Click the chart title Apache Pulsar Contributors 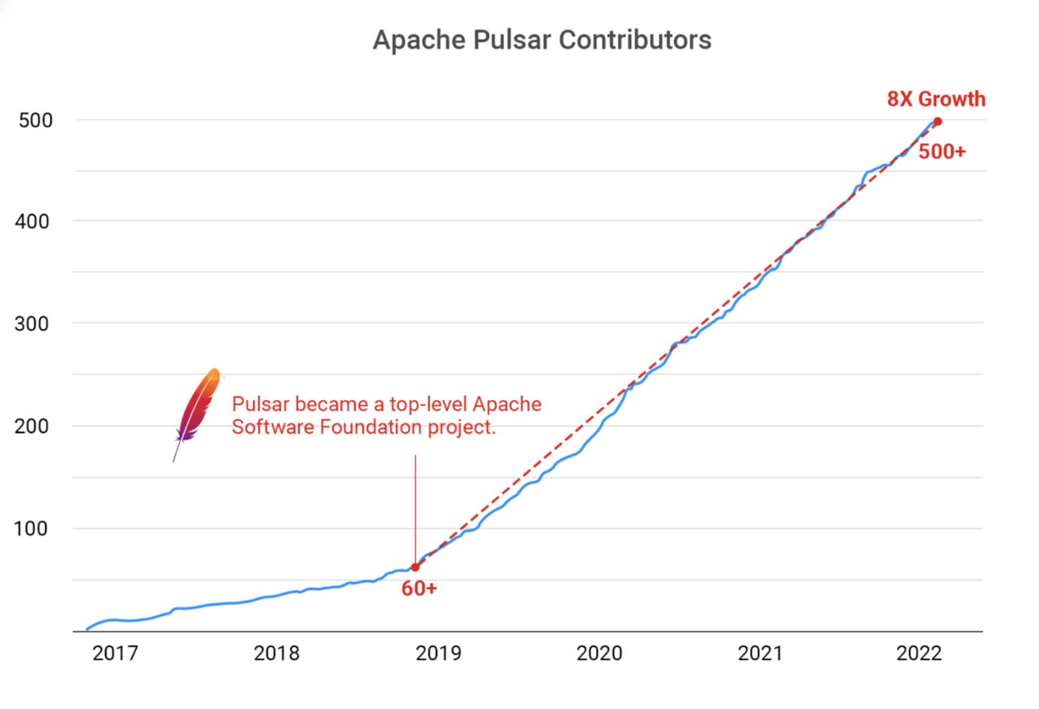click(x=542, y=40)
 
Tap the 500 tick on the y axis click(x=35, y=120)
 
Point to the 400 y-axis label click(x=32, y=222)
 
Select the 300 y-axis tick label click(x=32, y=324)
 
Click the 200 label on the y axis click(x=32, y=426)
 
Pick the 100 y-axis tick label click(x=31, y=529)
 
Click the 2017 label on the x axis click(x=115, y=653)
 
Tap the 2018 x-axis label click(x=276, y=653)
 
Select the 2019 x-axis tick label click(x=438, y=653)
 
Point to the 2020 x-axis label click(x=599, y=653)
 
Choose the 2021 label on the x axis click(x=760, y=653)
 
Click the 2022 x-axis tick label click(x=919, y=653)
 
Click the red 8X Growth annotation click(x=936, y=99)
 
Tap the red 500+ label click(x=942, y=152)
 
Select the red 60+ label click(x=419, y=589)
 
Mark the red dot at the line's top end click(x=938, y=122)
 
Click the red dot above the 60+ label click(x=415, y=567)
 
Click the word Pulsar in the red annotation click(x=261, y=404)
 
